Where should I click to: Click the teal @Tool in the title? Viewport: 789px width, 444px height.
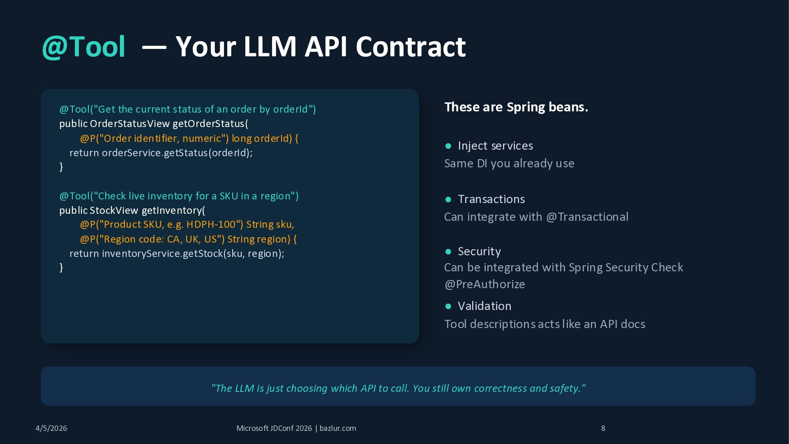[x=83, y=47]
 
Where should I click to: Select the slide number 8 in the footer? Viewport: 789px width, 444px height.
[x=603, y=428]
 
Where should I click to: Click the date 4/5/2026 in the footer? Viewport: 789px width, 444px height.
[x=51, y=428]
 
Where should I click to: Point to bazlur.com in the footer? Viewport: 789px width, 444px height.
[x=338, y=428]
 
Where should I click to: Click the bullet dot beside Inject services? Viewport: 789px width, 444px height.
[x=448, y=146]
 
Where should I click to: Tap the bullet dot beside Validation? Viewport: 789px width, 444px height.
[x=448, y=306]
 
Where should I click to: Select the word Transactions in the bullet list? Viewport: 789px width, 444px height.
[x=491, y=199]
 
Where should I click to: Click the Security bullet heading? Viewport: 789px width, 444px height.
[x=479, y=252]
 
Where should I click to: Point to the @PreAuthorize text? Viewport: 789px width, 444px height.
[x=484, y=284]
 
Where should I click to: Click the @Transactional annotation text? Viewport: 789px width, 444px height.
[x=587, y=217]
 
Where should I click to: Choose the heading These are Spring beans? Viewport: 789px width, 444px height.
[x=516, y=107]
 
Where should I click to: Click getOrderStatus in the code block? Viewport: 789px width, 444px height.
[x=208, y=124]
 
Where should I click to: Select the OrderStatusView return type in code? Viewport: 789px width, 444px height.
[x=129, y=124]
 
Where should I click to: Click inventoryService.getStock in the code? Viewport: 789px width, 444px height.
[x=162, y=254]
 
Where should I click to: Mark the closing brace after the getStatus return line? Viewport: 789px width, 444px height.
[x=61, y=167]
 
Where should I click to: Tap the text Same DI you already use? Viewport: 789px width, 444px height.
[x=509, y=164]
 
